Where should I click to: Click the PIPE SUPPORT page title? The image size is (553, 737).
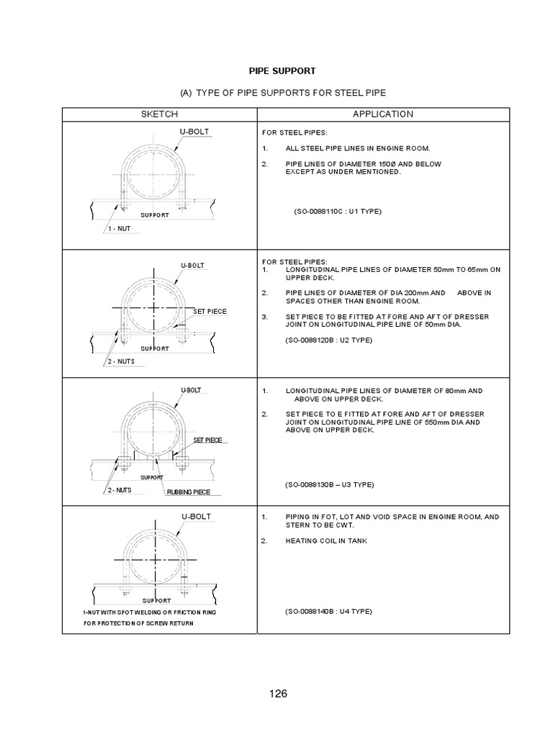[282, 71]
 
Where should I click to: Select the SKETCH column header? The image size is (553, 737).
[159, 114]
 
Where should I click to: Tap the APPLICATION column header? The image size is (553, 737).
[382, 114]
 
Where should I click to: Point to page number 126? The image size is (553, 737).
[278, 694]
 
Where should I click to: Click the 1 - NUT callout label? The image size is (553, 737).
[119, 228]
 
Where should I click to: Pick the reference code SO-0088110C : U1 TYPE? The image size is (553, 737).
[337, 212]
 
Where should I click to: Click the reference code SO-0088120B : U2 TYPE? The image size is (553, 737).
[328, 340]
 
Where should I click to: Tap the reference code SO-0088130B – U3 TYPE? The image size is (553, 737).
[330, 484]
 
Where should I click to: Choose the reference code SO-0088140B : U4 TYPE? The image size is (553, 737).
[328, 611]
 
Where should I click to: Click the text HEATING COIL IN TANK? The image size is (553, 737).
[326, 541]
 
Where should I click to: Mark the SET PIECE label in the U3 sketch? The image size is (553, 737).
[207, 440]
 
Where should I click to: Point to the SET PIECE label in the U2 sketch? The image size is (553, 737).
[210, 312]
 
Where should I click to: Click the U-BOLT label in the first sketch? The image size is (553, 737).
[194, 132]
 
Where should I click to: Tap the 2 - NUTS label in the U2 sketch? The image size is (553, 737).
[120, 361]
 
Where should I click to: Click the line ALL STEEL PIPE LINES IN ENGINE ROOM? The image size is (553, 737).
[357, 148]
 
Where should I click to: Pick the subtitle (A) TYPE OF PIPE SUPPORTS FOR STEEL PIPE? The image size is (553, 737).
[282, 94]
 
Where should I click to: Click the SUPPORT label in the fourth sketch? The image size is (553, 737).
[156, 600]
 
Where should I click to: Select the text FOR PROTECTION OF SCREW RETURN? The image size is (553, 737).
[138, 623]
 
